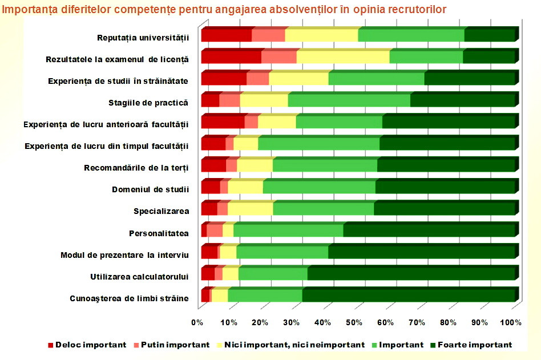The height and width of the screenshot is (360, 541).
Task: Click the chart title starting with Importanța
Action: pos(224,9)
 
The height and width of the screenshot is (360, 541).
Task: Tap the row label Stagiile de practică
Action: pos(148,103)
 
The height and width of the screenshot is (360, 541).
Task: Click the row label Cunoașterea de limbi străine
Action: pos(129,298)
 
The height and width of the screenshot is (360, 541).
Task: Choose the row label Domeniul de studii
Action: pos(151,189)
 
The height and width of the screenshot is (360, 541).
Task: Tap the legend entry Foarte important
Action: pos(474,345)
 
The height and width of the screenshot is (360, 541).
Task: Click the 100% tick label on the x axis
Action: pos(511,323)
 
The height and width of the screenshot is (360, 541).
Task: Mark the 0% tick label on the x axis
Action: pos(198,323)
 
